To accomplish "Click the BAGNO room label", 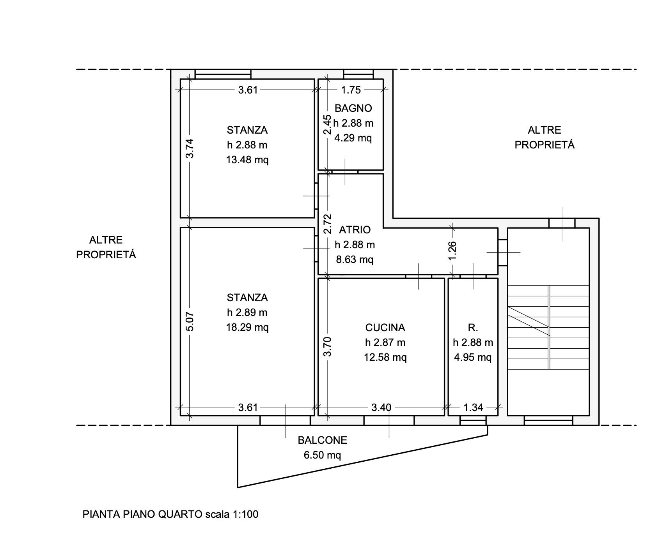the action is tap(353, 108).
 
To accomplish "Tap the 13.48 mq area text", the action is tap(247, 160).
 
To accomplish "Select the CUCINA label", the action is tap(385, 327).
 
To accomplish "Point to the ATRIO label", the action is tap(355, 230).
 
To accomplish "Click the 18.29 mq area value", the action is tap(247, 327).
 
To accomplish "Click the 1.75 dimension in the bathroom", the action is tap(351, 90).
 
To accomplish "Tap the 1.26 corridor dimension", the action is tap(452, 251).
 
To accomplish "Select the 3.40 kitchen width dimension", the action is tap(381, 408).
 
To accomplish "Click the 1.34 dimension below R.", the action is tap(473, 408).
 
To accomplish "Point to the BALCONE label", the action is tap(322, 440).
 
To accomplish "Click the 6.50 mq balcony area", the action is tap(322, 455).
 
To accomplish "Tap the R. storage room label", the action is tap(473, 328).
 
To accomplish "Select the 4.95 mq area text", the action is tap(473, 357).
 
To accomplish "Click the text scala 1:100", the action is tap(232, 515).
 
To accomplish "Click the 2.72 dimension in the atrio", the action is tap(328, 223).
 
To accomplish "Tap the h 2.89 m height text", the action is tap(247, 312).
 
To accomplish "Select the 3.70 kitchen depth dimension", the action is tap(328, 346).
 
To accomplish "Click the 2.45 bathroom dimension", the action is tap(328, 124).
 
